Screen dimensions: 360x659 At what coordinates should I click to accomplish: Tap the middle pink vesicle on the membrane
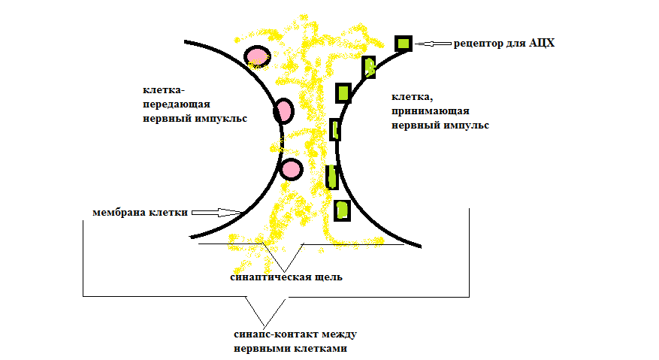coord(283,111)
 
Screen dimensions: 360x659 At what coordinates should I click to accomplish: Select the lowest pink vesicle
coord(291,168)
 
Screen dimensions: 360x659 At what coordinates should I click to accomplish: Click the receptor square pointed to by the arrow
coord(404,44)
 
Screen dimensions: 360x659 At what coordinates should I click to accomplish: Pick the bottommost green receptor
coord(342,209)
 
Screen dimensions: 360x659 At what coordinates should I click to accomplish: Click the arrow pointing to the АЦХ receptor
coord(433,44)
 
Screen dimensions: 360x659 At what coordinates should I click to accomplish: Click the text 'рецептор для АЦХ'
coord(503,44)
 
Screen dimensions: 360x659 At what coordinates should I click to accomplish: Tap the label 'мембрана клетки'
coord(140,213)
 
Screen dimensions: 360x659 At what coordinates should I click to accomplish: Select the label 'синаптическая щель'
coord(286,277)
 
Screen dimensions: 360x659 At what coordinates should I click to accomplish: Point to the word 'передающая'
coord(176,104)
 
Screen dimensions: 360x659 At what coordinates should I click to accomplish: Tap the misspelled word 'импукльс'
coord(220,118)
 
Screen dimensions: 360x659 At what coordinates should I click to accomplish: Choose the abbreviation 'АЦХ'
coord(541,44)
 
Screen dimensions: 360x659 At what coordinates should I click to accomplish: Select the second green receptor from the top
coord(369,67)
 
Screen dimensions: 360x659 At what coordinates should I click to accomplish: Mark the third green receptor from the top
coord(343,92)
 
